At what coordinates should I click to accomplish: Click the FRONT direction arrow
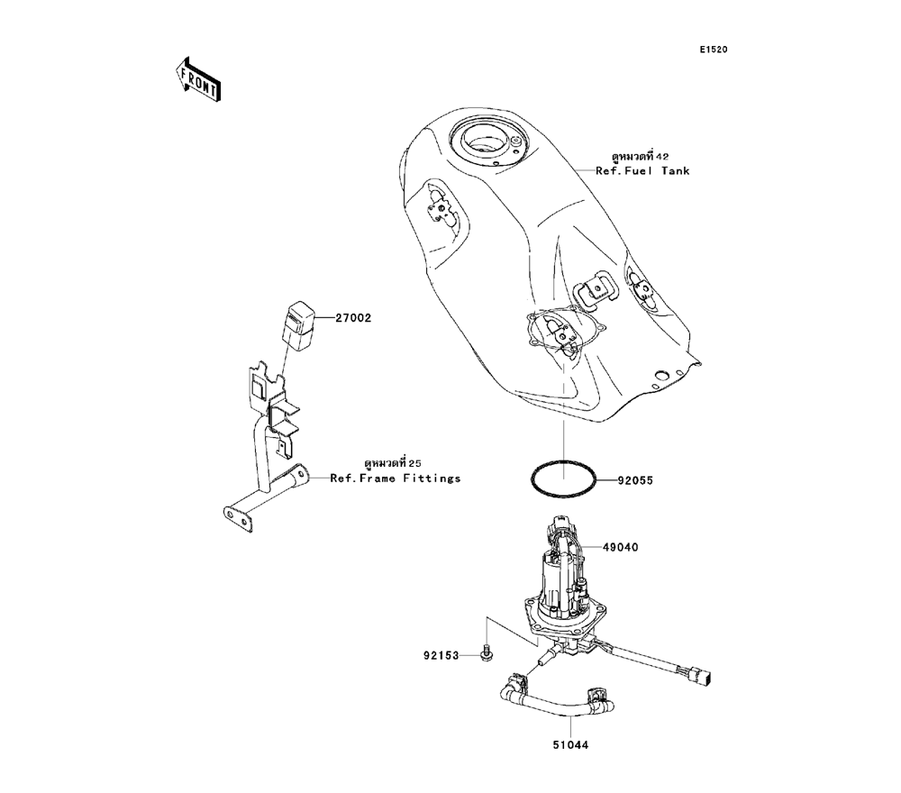197,79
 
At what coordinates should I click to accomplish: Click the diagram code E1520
713,50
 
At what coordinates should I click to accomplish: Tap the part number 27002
353,318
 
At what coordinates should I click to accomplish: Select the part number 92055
635,480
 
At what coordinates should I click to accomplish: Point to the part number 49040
621,548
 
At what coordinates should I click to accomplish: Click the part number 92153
441,656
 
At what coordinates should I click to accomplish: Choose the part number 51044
570,745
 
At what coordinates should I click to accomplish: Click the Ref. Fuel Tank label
642,170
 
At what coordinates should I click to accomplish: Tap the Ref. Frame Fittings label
396,479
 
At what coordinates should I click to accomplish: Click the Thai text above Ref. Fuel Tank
640,156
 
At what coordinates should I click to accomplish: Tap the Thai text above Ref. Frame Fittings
393,463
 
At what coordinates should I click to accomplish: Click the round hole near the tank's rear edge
660,377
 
